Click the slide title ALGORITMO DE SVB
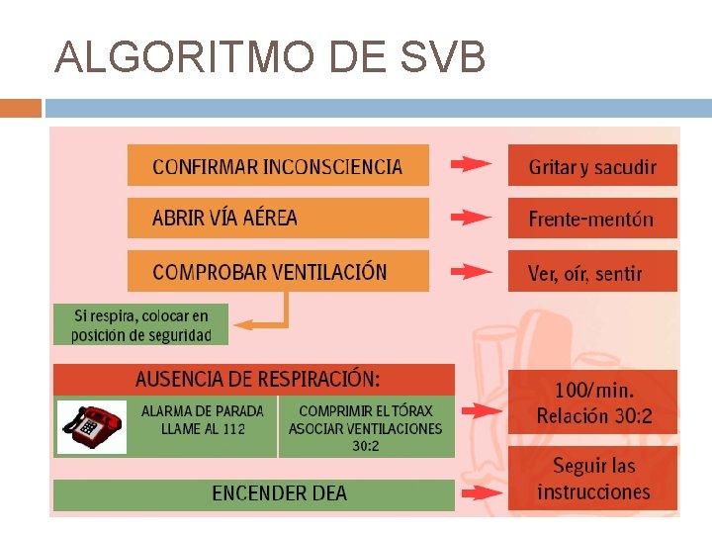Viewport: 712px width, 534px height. pos(270,58)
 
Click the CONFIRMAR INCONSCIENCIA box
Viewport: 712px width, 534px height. pos(278,166)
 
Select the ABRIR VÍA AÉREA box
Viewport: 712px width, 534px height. pos(278,218)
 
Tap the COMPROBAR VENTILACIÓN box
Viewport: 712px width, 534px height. pos(278,271)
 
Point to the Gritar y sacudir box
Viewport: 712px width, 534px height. pos(592,166)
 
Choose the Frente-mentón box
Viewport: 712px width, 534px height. pos(592,219)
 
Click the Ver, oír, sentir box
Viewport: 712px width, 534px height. pos(592,272)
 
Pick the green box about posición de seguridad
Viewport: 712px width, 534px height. pos(140,324)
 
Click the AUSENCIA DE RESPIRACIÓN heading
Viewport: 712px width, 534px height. pos(256,379)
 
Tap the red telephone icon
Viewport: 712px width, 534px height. pos(91,425)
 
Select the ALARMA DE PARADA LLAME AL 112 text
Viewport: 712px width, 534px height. pos(203,419)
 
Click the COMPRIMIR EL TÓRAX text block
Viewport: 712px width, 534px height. pos(366,427)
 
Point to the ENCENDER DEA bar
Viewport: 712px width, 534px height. pos(279,493)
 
